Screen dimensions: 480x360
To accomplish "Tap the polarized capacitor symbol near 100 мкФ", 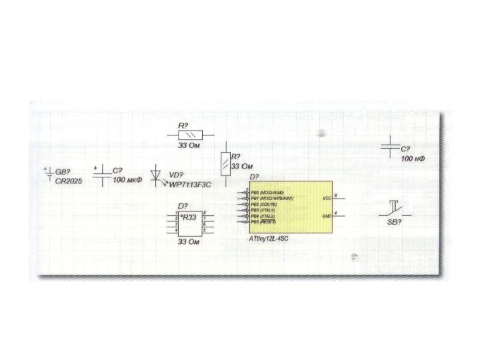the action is point(101,175).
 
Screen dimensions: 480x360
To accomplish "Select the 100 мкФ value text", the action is point(128,180).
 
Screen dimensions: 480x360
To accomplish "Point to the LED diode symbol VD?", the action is point(158,175).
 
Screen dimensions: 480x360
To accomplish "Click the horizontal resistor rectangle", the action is point(187,135).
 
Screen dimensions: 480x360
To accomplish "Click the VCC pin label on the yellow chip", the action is point(327,198).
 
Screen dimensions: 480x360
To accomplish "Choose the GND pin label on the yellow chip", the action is point(327,216).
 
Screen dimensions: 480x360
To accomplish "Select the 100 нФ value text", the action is point(413,159).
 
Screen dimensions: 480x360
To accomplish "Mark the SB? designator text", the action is point(395,223).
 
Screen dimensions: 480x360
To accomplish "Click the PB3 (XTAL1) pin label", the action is point(265,210).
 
